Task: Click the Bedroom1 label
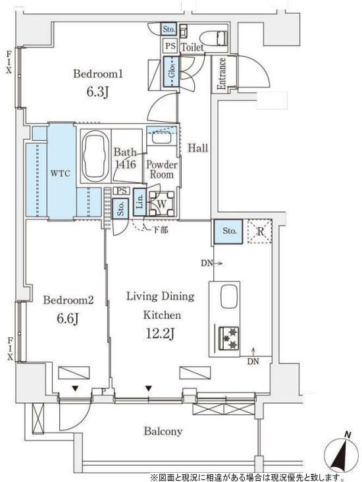pyautogui.click(x=98, y=74)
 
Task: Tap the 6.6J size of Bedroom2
pyautogui.click(x=68, y=319)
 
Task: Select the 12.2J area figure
pyautogui.click(x=160, y=334)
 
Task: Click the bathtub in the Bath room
pyautogui.click(x=95, y=157)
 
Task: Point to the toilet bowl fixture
pyautogui.click(x=214, y=39)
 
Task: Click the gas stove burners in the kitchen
pyautogui.click(x=229, y=338)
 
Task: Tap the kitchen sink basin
pyautogui.click(x=229, y=296)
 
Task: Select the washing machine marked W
pyautogui.click(x=162, y=203)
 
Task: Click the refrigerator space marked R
pyautogui.click(x=260, y=231)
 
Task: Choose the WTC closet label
pyautogui.click(x=61, y=173)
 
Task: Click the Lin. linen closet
pyautogui.click(x=140, y=203)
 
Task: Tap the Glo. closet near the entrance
pyautogui.click(x=171, y=72)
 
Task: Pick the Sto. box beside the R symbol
pyautogui.click(x=228, y=231)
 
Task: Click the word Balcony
pyautogui.click(x=163, y=431)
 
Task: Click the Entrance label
pyautogui.click(x=221, y=74)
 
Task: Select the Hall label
pyautogui.click(x=198, y=148)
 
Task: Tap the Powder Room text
pyautogui.click(x=162, y=169)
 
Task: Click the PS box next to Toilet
pyautogui.click(x=170, y=46)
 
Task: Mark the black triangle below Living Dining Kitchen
pyautogui.click(x=149, y=388)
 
